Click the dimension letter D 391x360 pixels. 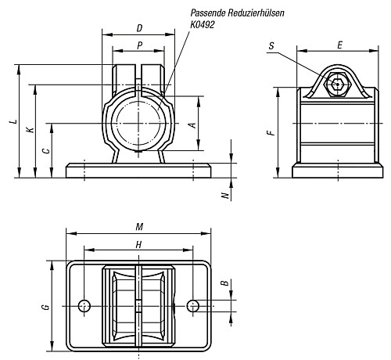(x=140, y=28)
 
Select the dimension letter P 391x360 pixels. (x=140, y=45)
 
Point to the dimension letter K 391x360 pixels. (x=30, y=130)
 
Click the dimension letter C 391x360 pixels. (x=46, y=151)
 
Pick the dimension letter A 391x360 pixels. (x=192, y=125)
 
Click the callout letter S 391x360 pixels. (x=271, y=46)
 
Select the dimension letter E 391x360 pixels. (x=339, y=45)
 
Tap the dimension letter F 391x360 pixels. (x=271, y=133)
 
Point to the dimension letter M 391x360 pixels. (x=139, y=227)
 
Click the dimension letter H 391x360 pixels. (x=138, y=245)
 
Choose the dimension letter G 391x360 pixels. (x=46, y=307)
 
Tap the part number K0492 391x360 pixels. (x=203, y=24)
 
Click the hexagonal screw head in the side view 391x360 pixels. (x=337, y=84)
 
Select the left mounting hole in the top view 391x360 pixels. (x=84, y=306)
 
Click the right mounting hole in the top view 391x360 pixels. (x=193, y=306)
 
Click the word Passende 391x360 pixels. (x=208, y=13)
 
